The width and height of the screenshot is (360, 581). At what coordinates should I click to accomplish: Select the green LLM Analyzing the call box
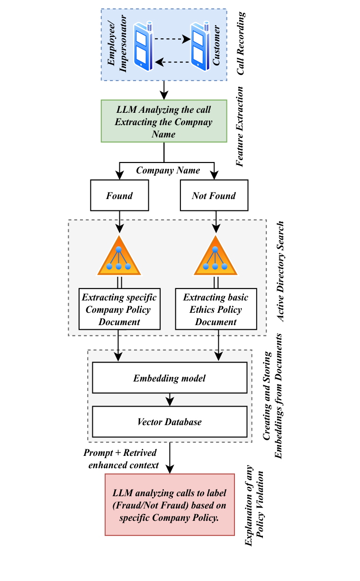pos(164,121)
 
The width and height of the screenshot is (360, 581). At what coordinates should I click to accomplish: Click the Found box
pos(119,196)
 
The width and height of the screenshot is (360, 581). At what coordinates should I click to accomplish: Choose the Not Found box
pos(214,196)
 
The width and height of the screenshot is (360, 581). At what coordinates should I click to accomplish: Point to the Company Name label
pos(168,170)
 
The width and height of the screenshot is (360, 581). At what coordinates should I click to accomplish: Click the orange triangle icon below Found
pos(119,257)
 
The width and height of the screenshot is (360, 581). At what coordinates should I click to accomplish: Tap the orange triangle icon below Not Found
pos(215,257)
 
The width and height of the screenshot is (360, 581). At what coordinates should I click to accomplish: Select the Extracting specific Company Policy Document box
pos(119,309)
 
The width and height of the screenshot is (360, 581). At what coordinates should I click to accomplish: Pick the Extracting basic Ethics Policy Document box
pos(216,309)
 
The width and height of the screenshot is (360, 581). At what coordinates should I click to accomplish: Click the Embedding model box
pos(170,378)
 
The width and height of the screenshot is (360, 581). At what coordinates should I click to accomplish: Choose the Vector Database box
pos(170,422)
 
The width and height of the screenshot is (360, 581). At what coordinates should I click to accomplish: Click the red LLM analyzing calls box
pos(170,504)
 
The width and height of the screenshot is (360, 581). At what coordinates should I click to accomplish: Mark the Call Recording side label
pos(242,44)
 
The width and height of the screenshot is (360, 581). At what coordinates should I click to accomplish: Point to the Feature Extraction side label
pos(240,126)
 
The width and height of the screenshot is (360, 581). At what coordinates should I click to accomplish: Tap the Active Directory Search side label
pos(281,272)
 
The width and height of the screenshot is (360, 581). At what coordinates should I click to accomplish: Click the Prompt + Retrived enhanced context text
pos(121,459)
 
